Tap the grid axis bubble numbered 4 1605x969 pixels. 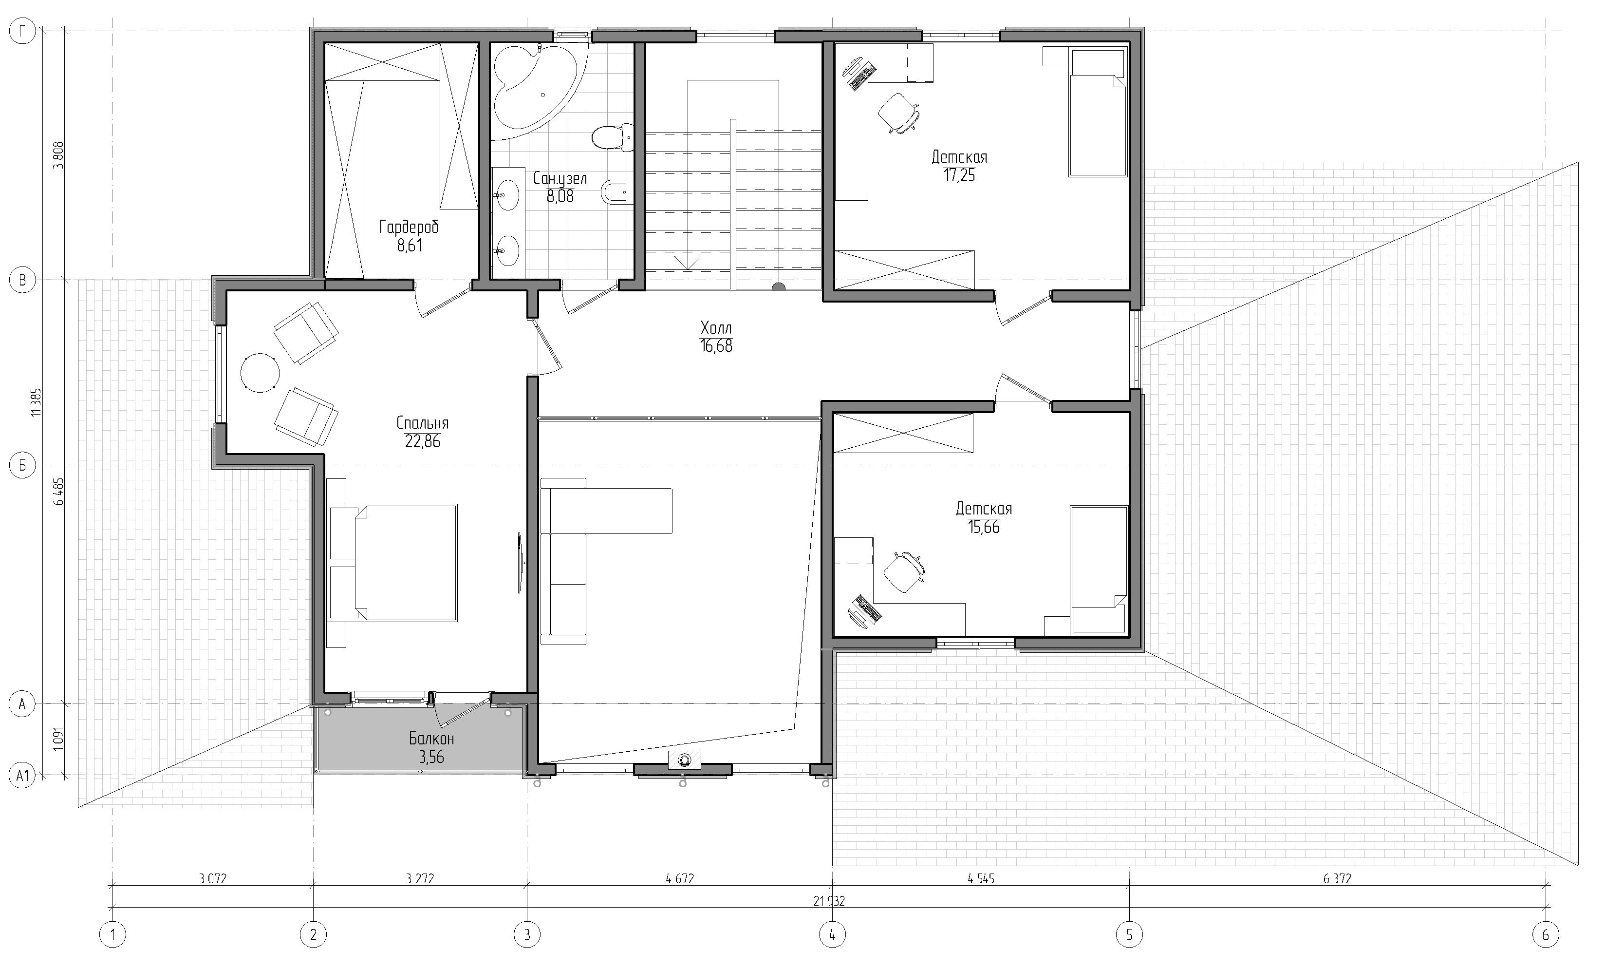pos(832,935)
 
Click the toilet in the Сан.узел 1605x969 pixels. pos(612,137)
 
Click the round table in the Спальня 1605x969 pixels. pos(260,373)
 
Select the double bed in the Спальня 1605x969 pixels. pos(393,562)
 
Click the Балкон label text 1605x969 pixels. pos(431,739)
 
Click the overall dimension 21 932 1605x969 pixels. pos(829,902)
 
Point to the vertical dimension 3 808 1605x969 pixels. pos(58,155)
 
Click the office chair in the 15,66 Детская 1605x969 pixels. pos(904,572)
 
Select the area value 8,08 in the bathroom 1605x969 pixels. pos(560,196)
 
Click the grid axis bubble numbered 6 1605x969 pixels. pos(1546,935)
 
